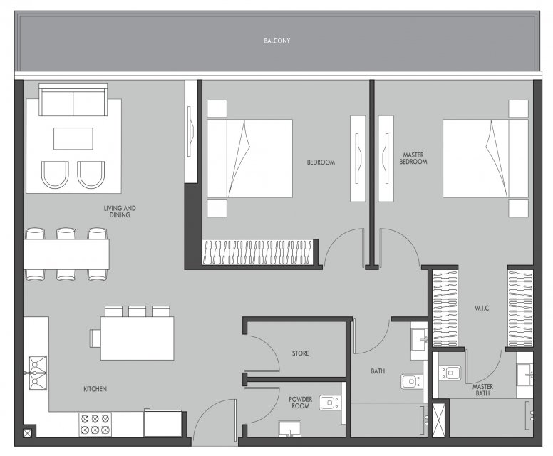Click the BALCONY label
(276, 41)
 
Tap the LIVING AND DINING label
(120, 211)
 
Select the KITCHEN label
(95, 389)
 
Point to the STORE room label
(301, 353)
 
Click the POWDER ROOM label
(301, 403)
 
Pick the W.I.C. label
(482, 308)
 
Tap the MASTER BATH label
(482, 390)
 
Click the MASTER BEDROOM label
(413, 158)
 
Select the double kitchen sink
(38, 373)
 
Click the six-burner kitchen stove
(95, 424)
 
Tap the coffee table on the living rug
(73, 139)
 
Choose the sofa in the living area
(73, 100)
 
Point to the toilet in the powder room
(330, 403)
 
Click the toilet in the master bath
(450, 373)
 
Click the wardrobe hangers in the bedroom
(258, 252)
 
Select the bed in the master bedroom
(485, 158)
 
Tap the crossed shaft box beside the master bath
(438, 420)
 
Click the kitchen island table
(138, 338)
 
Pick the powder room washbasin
(289, 429)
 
